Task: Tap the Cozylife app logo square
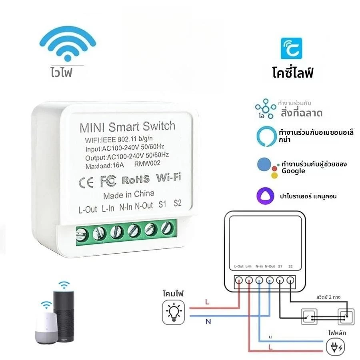pyautogui.click(x=291, y=48)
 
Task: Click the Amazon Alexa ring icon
pyautogui.click(x=266, y=136)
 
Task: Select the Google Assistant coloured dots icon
pyautogui.click(x=268, y=168)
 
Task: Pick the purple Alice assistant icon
pyautogui.click(x=265, y=196)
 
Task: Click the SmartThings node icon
pyautogui.click(x=266, y=108)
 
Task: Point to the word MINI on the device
pyautogui.click(x=92, y=128)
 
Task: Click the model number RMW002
pyautogui.click(x=147, y=164)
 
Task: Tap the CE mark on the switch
pyautogui.click(x=86, y=183)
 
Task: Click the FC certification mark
pyautogui.click(x=108, y=181)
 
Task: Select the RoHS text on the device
pyautogui.click(x=136, y=180)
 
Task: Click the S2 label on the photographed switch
pyautogui.click(x=178, y=203)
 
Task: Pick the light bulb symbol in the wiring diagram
pyautogui.click(x=174, y=312)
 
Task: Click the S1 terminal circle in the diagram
pyautogui.click(x=280, y=280)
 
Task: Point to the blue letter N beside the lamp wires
pyautogui.click(x=208, y=322)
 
